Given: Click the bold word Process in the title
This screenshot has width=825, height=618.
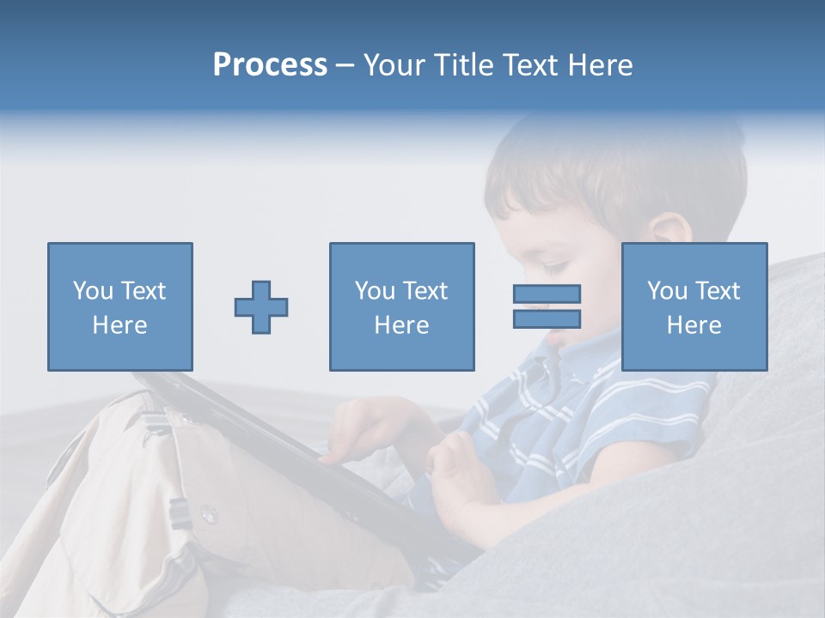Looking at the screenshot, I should [270, 65].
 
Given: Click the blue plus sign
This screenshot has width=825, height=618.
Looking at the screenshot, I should [261, 307].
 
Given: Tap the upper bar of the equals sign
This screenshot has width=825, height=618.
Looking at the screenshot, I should [547, 294].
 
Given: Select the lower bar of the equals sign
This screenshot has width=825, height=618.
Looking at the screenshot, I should [547, 319].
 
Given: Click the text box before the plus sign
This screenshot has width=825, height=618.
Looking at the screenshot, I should [119, 306].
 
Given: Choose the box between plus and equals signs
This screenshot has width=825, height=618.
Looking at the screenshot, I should [401, 306].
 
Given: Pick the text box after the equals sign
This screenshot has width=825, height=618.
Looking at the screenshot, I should [694, 306].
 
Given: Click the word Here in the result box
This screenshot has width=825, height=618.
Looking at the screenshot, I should [694, 325].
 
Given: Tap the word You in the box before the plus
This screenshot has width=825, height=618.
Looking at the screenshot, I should [92, 291].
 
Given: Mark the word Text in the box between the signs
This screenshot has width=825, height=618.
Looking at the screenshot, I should [425, 291].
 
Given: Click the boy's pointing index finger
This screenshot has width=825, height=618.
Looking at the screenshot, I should [331, 457].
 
